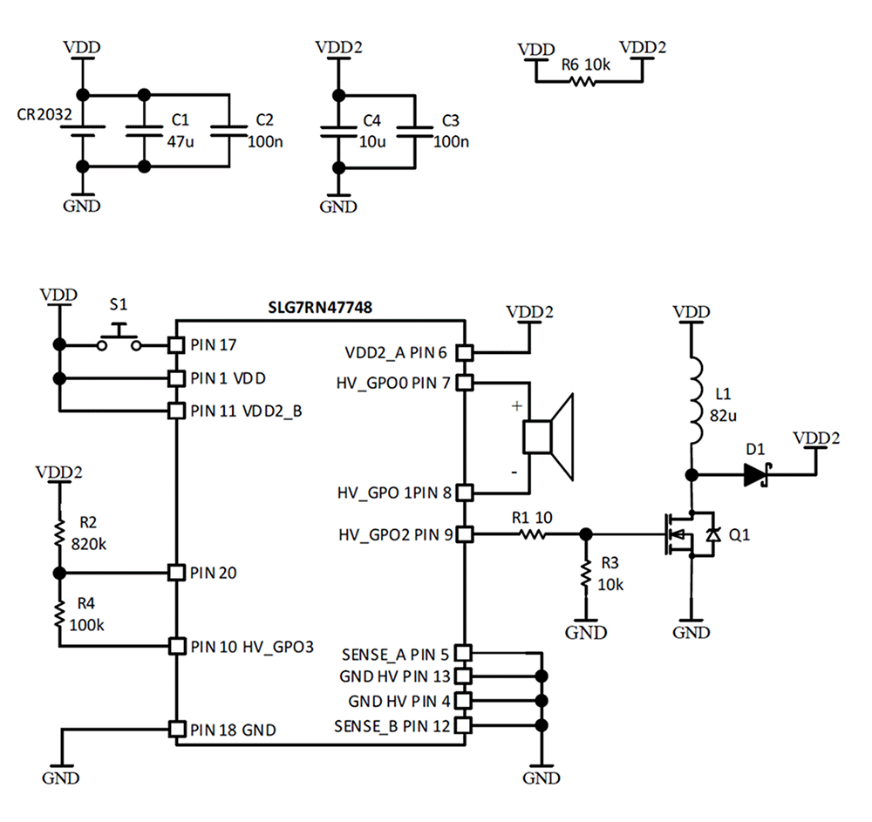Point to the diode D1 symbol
(755, 475)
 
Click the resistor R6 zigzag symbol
(582, 81)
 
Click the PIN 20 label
(215, 573)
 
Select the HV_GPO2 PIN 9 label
(395, 534)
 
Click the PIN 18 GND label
(233, 730)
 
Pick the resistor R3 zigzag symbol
(586, 574)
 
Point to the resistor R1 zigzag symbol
(534, 533)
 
